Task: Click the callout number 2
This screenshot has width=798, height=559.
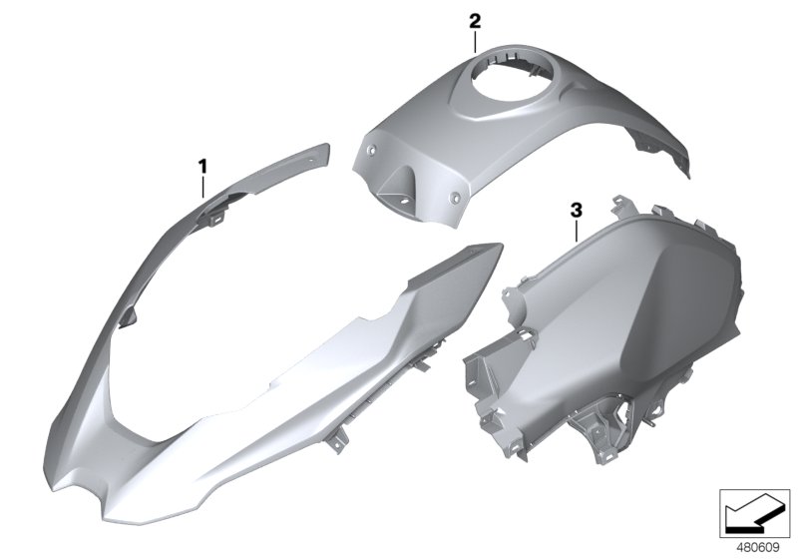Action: pos(475,19)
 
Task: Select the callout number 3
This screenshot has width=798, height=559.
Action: pos(576,210)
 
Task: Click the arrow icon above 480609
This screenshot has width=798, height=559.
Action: pos(755,513)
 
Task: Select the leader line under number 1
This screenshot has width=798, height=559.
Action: pos(202,185)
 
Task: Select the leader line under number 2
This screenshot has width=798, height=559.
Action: pos(476,40)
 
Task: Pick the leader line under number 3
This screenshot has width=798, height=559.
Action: pos(576,230)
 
